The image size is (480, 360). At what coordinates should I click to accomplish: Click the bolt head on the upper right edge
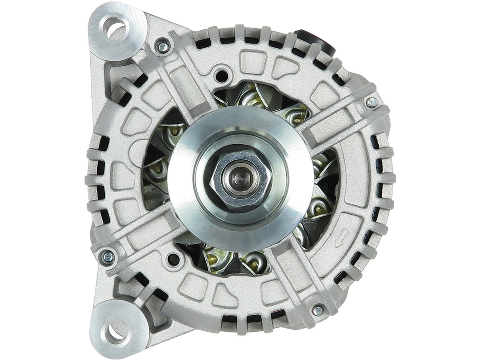pos(372,102)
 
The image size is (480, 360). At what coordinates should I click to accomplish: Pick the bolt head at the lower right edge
pos(318,311)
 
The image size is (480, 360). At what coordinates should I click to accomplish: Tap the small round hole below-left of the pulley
pos(173,259)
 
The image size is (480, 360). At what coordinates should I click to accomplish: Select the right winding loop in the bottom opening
pos(256,262)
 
